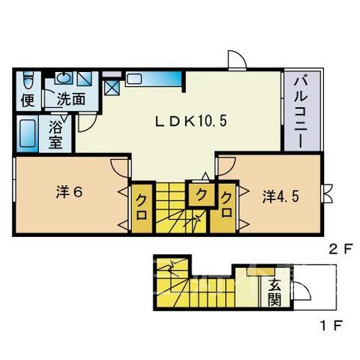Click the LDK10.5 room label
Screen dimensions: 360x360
coord(191,121)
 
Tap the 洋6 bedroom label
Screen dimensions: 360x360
coord(69,193)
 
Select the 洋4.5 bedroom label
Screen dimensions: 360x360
coord(280,196)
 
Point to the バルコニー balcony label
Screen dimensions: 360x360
coord(301,112)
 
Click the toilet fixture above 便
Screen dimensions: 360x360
coord(28,80)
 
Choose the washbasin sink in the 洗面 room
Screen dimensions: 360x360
coord(64,77)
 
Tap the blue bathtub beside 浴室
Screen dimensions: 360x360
coord(27,133)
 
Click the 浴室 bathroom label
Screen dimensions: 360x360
coord(55,135)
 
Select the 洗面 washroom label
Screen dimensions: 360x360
coord(71,99)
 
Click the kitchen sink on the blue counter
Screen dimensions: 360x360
coord(134,79)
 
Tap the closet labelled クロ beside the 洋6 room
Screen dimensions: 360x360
coord(142,208)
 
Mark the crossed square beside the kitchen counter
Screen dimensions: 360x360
coord(112,88)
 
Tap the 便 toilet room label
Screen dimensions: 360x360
coord(28,100)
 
